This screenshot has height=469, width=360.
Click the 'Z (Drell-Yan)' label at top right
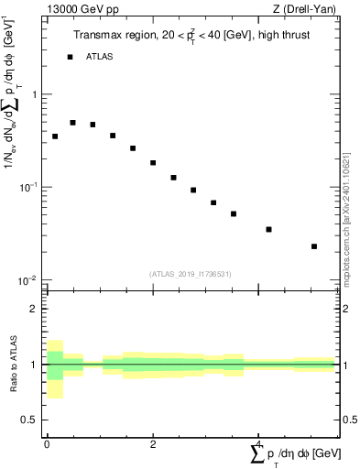tap(309, 10)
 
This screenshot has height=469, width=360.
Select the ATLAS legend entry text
tap(100, 57)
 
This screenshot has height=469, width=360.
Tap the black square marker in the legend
tap(70, 57)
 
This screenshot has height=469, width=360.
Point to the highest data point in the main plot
tap(72, 122)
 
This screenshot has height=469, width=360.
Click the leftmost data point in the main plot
tap(55, 136)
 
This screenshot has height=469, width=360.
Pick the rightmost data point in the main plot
tap(314, 246)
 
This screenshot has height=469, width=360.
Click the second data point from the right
tap(268, 229)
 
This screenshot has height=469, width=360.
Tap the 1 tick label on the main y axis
tap(36, 95)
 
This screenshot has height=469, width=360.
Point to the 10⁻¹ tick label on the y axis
tap(30, 187)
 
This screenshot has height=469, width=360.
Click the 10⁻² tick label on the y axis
tap(30, 279)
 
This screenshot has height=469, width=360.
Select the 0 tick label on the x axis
tap(47, 445)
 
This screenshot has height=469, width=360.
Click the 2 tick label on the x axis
tap(153, 445)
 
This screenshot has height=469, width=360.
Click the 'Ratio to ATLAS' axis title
tap(14, 365)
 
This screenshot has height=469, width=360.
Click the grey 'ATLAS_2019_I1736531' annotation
tap(191, 274)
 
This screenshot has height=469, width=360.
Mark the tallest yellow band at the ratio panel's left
tap(55, 369)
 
